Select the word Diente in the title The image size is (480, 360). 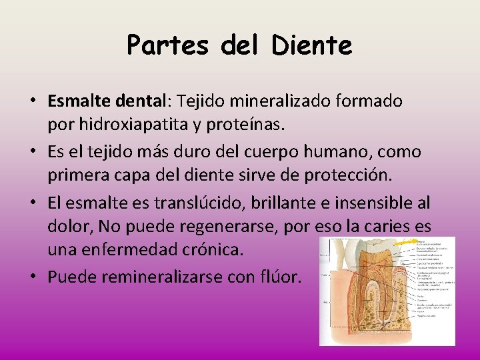311,45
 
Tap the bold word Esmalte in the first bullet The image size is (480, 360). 75,101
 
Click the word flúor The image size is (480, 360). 284,276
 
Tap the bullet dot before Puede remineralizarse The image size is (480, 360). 32,276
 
